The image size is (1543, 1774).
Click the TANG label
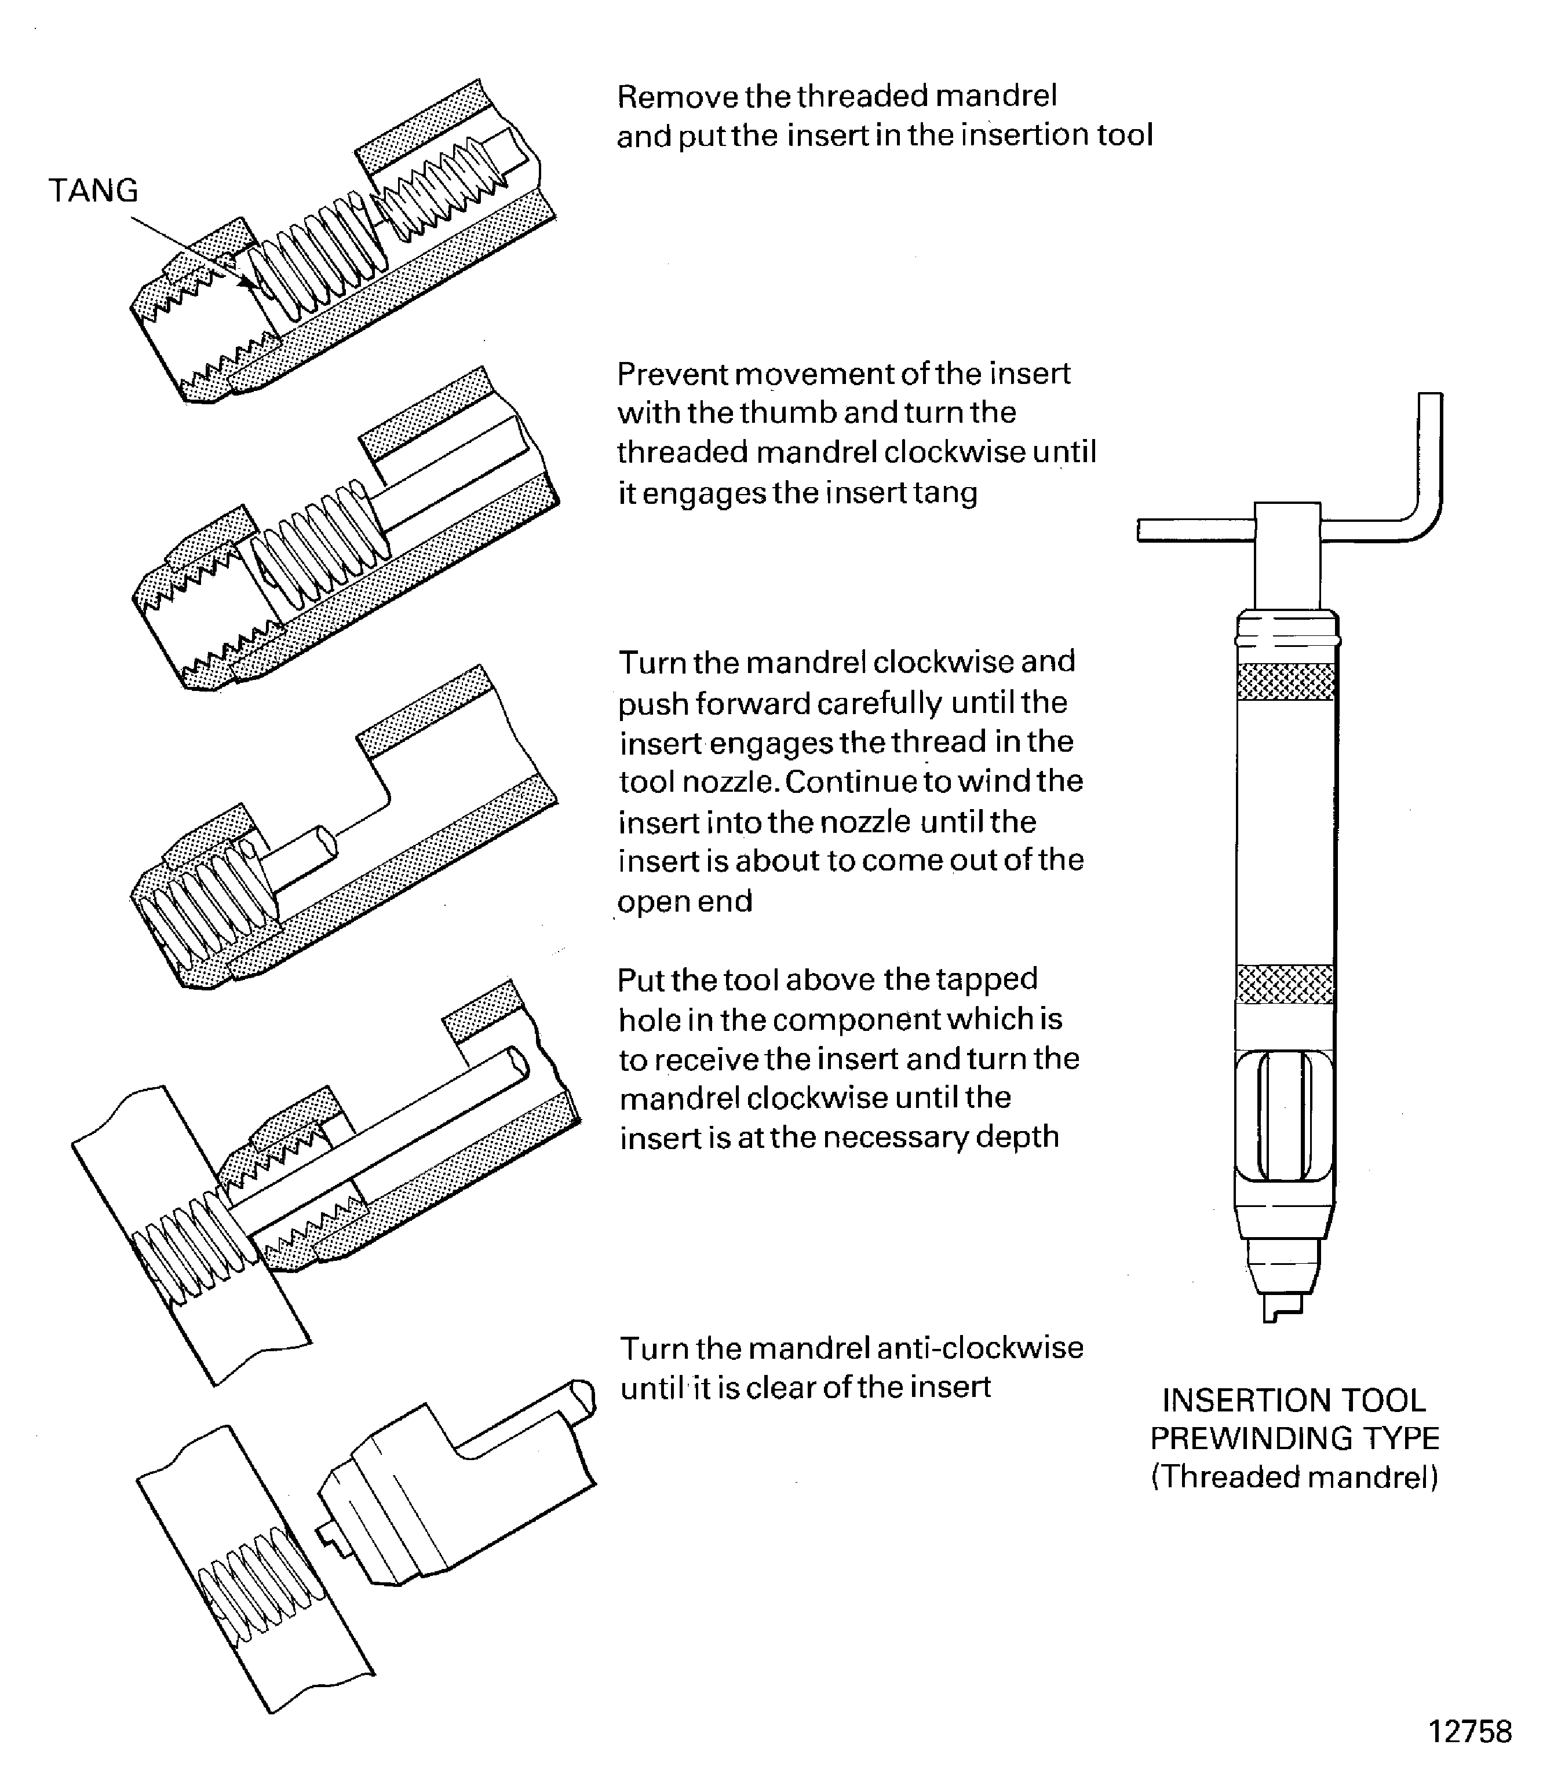[93, 190]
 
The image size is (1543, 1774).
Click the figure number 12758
[1470, 1731]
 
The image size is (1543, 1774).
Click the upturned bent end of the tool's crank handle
[1429, 448]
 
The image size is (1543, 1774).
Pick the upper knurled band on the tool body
[1286, 681]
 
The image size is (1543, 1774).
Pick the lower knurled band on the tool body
[1286, 985]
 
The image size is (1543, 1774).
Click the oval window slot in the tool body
[1285, 1117]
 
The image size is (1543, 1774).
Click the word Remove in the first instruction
[678, 96]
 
